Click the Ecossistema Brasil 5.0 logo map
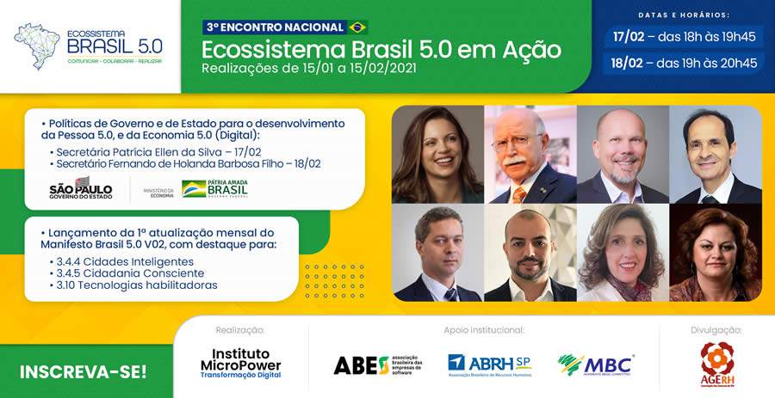[x=37, y=46]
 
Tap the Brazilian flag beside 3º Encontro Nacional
[x=357, y=28]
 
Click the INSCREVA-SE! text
[x=84, y=372]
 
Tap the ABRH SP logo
[x=489, y=364]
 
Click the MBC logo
[x=595, y=364]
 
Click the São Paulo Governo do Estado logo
[x=81, y=187]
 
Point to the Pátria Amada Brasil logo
[x=214, y=188]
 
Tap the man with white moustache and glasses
[x=530, y=155]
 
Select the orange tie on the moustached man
[x=519, y=194]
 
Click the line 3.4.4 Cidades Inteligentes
[x=122, y=261]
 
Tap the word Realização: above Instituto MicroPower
[x=240, y=329]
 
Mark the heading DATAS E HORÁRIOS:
[x=684, y=15]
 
